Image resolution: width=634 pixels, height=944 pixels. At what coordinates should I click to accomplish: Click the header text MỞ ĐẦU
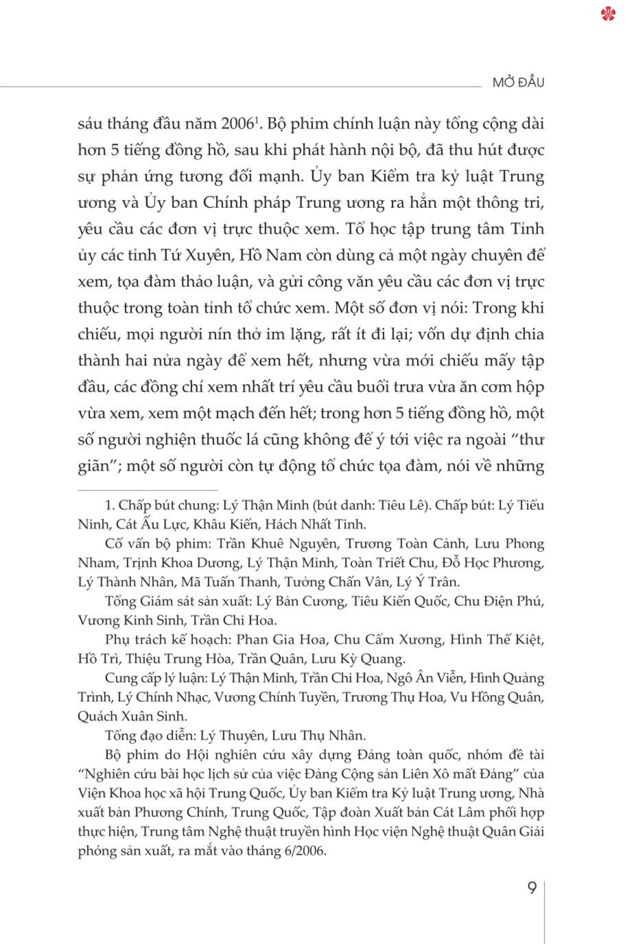click(518, 82)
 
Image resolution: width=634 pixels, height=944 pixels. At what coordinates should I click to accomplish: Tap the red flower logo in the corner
click(608, 13)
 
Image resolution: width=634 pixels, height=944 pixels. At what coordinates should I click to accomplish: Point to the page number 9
click(533, 888)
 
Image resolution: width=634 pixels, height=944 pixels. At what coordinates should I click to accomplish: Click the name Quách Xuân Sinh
click(132, 717)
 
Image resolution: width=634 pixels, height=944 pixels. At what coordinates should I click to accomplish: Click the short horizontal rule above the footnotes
click(147, 490)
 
